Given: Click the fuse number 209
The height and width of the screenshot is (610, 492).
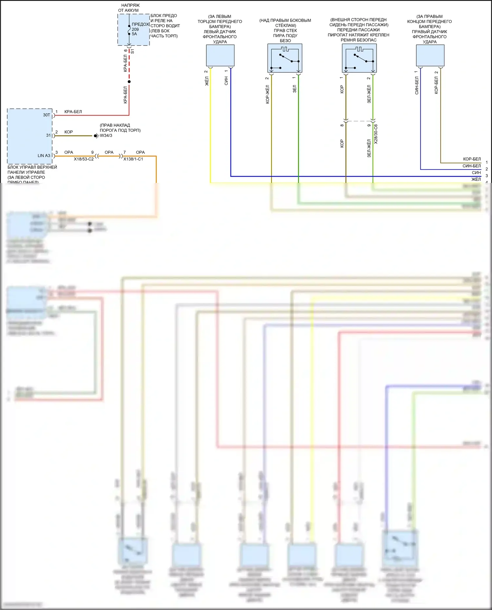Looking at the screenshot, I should [x=135, y=29].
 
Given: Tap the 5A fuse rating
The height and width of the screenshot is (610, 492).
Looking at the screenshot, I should [x=134, y=34].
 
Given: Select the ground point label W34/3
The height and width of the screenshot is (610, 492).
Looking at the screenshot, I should [x=106, y=135].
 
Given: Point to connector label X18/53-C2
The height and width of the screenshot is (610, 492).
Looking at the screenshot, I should [x=84, y=159].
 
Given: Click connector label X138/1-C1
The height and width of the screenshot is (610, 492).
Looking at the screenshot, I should [x=133, y=159].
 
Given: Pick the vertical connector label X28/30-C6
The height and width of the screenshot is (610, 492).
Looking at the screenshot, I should [x=376, y=134].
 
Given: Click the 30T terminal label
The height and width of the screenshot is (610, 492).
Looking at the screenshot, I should [x=47, y=115].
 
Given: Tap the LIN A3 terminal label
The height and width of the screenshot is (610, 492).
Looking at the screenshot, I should [x=44, y=155].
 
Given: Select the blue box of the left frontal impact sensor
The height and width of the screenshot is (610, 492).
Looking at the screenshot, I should [x=220, y=55].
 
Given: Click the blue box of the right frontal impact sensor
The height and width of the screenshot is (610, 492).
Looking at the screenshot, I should [x=430, y=55].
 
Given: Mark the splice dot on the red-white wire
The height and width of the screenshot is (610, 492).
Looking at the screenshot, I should [x=129, y=82].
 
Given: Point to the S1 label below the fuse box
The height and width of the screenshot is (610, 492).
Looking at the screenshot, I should [x=133, y=51].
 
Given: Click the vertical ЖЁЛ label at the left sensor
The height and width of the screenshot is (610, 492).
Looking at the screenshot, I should [x=207, y=81].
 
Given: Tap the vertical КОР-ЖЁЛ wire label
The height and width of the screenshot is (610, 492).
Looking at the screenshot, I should [x=268, y=94].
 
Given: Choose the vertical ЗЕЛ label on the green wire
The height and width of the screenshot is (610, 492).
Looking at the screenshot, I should [x=295, y=89].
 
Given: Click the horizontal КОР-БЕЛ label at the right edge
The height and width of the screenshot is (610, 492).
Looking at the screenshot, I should [x=472, y=159].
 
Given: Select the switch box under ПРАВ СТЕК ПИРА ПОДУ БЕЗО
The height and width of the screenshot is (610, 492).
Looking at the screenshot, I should [x=285, y=58].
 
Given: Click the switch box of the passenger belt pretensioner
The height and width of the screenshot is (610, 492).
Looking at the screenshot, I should [x=359, y=58].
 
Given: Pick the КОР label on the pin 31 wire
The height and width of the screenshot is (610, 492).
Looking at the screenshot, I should [x=69, y=132].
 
